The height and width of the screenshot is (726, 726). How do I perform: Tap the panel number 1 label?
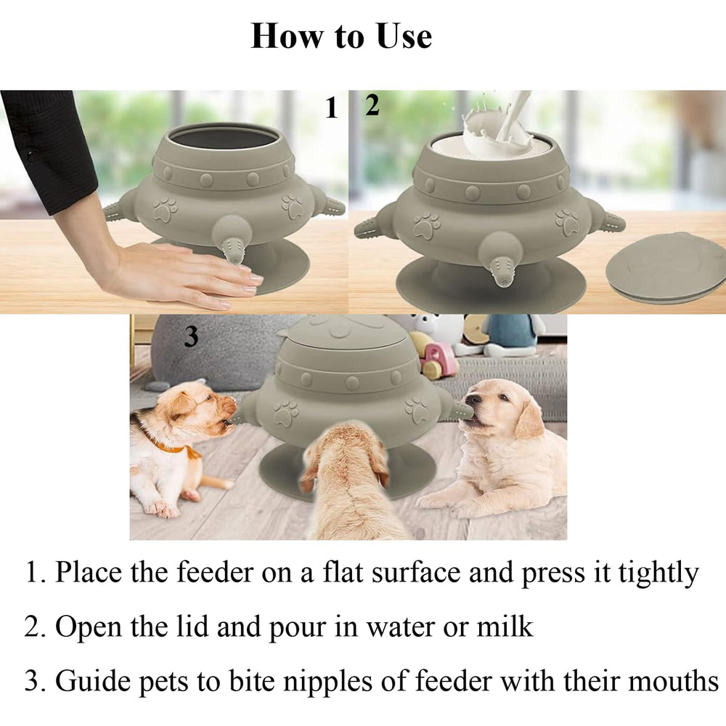click(332, 109)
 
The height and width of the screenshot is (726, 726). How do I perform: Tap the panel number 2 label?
click(372, 107)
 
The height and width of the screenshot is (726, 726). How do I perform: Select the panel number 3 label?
click(191, 337)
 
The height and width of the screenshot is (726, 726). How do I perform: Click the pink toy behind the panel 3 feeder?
click(439, 359)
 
